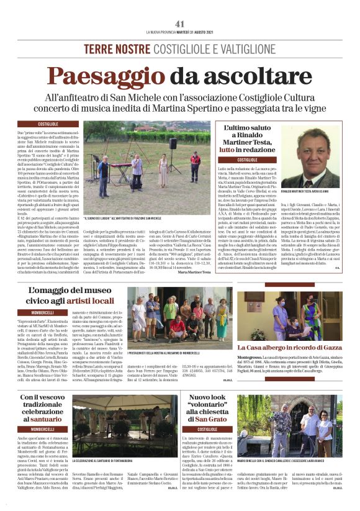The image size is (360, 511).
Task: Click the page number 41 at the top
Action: click(x=180, y=24)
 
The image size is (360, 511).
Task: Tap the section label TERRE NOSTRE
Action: click(x=112, y=48)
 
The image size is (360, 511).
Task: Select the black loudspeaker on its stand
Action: click(x=173, y=143)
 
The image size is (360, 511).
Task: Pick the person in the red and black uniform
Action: click(x=195, y=166)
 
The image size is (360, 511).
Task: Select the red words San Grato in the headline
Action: click(x=207, y=418)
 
